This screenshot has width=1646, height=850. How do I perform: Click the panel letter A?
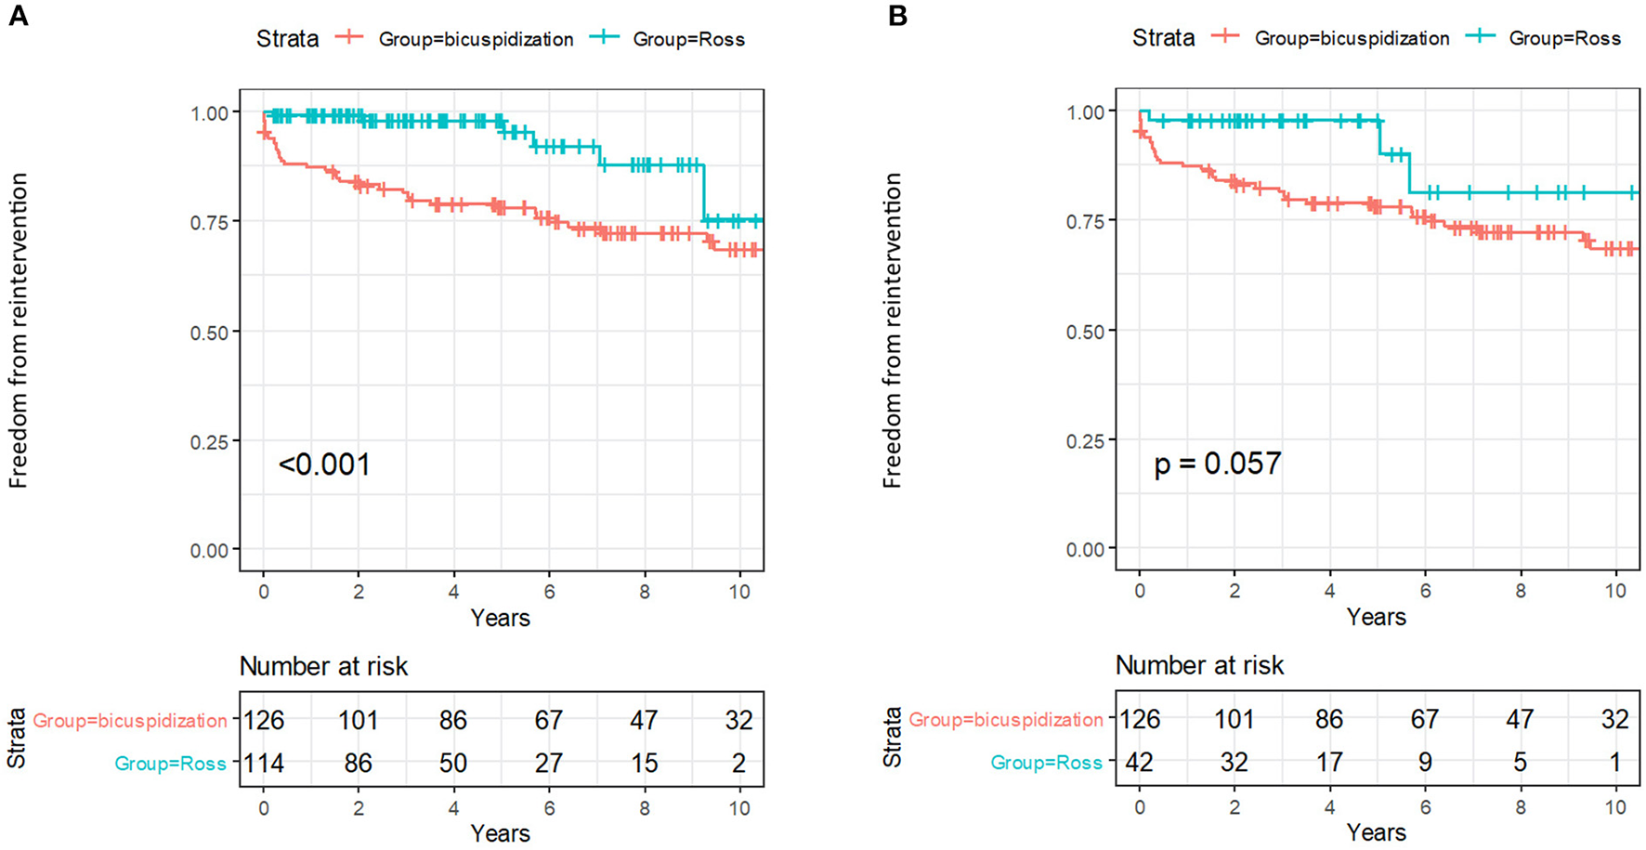point(18,16)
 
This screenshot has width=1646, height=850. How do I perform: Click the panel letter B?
point(897,16)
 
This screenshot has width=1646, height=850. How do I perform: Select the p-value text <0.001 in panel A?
point(324,464)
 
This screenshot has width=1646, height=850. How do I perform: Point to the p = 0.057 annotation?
point(1217,464)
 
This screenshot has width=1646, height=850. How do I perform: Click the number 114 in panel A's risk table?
point(264,764)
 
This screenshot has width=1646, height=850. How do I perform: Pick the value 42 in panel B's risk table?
point(1140,763)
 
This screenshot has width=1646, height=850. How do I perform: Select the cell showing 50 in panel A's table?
point(453,764)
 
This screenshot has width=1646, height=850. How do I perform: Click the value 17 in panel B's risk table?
point(1329,763)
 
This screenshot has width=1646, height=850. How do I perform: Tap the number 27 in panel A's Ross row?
point(549,764)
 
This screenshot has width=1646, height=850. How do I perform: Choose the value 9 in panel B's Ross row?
point(1425,763)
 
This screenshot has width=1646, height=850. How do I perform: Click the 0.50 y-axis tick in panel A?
point(210,333)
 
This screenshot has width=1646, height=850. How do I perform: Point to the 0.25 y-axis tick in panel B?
point(1086,440)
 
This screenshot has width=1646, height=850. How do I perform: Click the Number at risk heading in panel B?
point(1199,665)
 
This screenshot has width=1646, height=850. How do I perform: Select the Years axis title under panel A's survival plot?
point(500,618)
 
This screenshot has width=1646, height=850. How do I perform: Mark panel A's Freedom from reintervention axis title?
point(20,331)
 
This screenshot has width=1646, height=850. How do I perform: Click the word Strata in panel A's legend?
point(287,39)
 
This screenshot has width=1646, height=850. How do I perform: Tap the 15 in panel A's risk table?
point(644,764)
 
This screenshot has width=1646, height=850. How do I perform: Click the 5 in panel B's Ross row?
point(1520,763)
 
